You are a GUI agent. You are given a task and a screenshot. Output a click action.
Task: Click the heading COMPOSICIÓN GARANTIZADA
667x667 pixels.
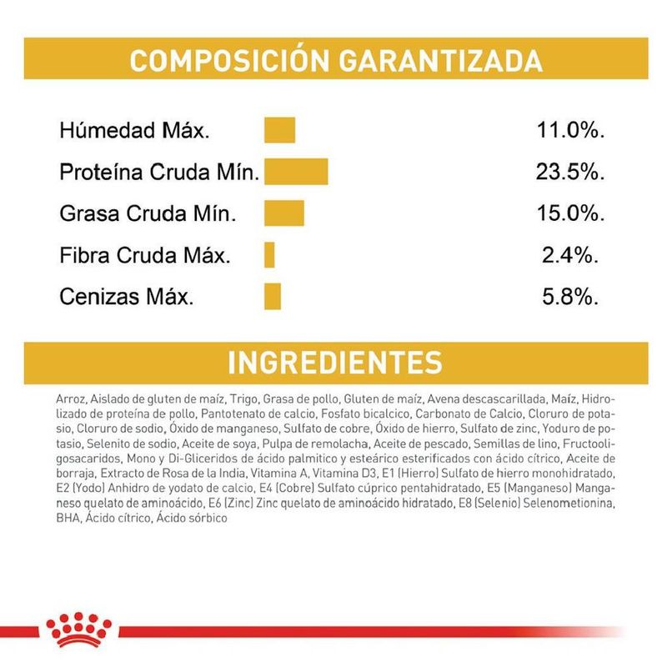336,61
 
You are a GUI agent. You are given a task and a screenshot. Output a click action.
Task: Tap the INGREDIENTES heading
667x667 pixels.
335,364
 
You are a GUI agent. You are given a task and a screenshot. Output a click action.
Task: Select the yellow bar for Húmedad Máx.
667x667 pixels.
280,131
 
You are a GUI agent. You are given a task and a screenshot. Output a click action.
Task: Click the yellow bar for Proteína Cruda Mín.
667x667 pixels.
296,171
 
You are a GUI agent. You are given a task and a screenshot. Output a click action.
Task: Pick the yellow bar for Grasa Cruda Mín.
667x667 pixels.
284,213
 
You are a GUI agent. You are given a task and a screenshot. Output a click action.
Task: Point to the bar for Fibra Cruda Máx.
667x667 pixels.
269,254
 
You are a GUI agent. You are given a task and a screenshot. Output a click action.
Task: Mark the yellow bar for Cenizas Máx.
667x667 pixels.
273,296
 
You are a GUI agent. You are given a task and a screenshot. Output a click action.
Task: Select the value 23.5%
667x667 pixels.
569,173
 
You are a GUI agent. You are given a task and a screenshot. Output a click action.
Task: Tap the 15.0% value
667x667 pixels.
569,213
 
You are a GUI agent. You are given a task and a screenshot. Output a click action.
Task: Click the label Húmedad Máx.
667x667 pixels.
134,131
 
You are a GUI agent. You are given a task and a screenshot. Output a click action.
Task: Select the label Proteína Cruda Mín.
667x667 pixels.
159,173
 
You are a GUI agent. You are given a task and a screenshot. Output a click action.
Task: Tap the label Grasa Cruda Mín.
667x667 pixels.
148,214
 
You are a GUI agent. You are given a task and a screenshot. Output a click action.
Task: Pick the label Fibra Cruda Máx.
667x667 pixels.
143,255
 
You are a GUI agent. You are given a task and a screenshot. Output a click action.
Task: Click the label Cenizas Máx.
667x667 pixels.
126,297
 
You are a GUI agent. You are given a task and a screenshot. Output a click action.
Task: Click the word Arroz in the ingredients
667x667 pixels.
69,399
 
